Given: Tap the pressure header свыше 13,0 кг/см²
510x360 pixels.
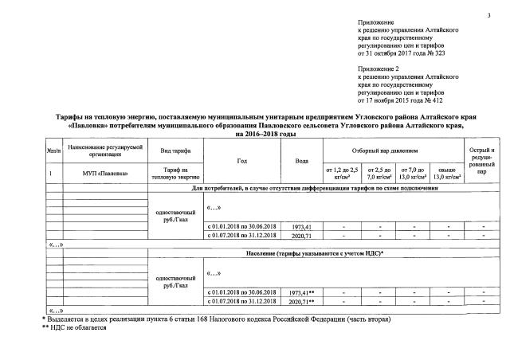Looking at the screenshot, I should click(x=448, y=172).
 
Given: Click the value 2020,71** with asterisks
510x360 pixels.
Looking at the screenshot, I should click(x=301, y=302).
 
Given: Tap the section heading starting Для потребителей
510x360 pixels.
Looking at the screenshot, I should click(x=315, y=188).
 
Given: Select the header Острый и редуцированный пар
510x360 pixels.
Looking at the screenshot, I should click(x=481, y=160).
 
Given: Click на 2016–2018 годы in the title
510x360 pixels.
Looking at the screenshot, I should click(x=254, y=134).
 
